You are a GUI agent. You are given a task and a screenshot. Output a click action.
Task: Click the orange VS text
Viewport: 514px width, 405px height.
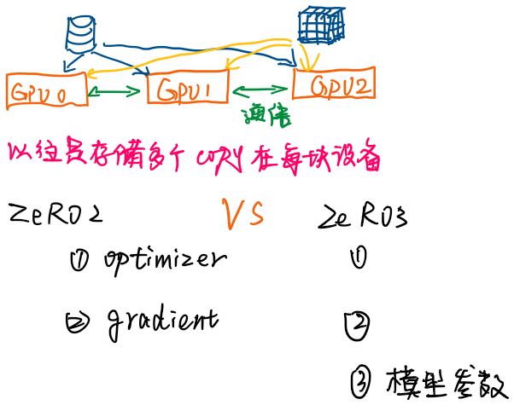[242, 212]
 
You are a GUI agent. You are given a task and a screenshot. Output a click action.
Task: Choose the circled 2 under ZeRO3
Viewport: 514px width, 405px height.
[356, 323]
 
